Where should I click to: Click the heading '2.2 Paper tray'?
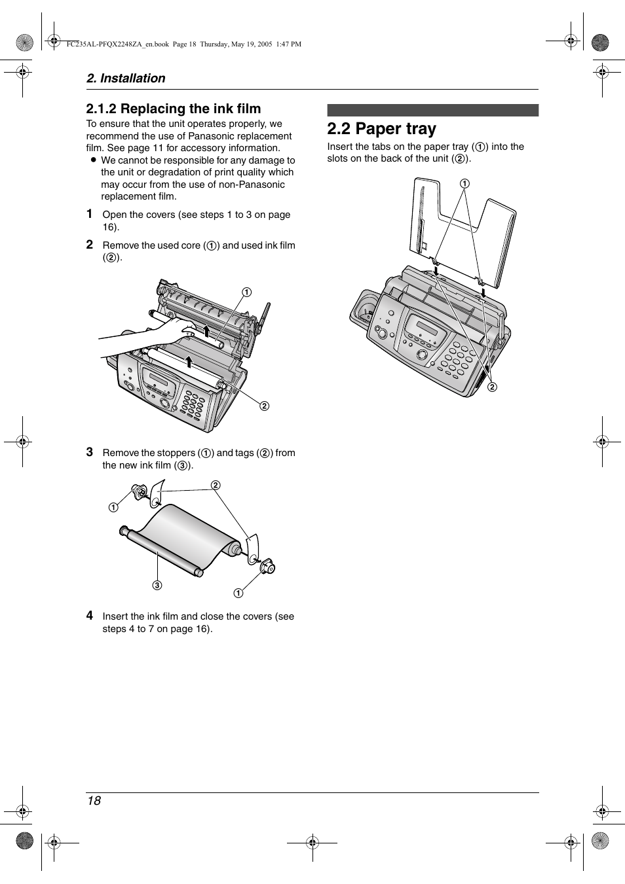(381, 129)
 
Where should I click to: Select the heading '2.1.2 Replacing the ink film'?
(173, 109)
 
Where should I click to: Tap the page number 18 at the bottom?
(94, 801)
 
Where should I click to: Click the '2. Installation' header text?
(126, 78)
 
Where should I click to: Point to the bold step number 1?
(90, 214)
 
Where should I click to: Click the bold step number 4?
(90, 615)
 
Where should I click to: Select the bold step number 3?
(90, 451)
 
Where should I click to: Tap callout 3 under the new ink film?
(157, 585)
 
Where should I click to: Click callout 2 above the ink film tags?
(214, 485)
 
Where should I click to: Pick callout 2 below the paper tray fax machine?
(491, 387)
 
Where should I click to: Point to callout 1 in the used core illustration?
(246, 292)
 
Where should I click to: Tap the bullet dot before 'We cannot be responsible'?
(93, 160)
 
